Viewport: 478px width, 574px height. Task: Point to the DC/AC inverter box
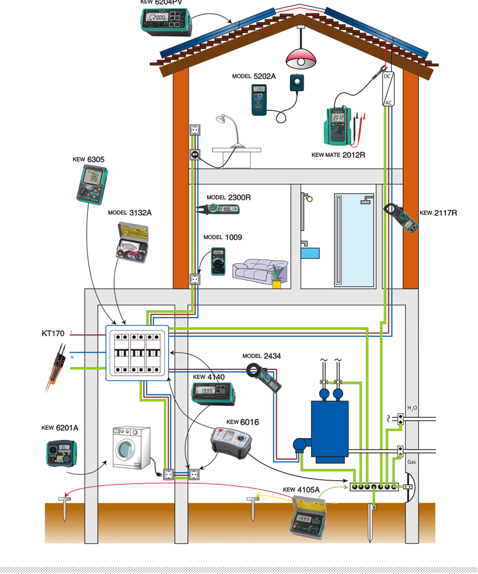pyautogui.click(x=387, y=89)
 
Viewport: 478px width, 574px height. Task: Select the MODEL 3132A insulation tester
pyautogui.click(x=132, y=242)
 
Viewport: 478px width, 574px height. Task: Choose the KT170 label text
pyautogui.click(x=54, y=333)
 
